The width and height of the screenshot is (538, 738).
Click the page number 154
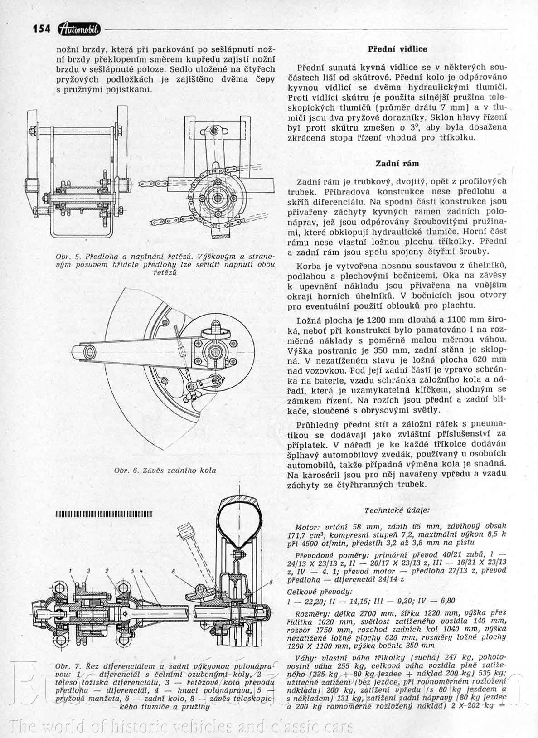click(41, 28)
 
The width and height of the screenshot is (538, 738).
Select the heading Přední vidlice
click(397, 49)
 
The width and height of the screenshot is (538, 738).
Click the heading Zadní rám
click(397, 163)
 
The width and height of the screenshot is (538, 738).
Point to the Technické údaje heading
click(397, 510)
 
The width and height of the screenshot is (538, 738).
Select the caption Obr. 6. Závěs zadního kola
click(165, 470)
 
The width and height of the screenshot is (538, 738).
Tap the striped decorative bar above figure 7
click(104, 514)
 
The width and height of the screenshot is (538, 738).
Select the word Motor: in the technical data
click(308, 528)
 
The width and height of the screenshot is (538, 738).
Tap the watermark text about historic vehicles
click(181, 726)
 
